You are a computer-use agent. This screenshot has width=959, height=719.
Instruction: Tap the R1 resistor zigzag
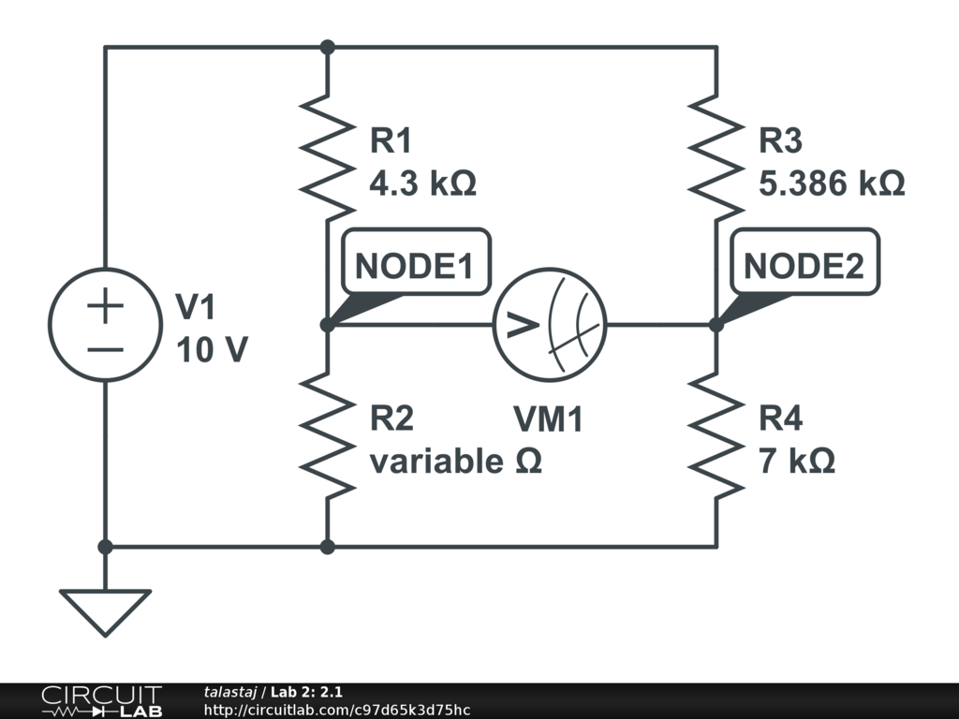327,154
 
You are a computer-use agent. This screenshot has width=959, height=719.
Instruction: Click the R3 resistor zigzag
716,154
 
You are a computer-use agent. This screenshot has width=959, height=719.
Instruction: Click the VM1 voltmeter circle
550,325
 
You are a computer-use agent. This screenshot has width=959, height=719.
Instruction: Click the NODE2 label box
803,267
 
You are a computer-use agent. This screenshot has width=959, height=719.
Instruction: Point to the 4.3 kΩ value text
423,183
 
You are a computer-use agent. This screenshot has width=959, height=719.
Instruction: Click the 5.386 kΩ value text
832,183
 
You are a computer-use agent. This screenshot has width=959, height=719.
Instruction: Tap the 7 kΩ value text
797,462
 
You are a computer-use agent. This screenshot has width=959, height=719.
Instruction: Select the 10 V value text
212,349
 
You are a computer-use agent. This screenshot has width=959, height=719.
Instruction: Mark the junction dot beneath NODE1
327,325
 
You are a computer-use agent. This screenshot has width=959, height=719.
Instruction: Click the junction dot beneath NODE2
716,325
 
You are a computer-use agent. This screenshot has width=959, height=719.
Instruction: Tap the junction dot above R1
327,47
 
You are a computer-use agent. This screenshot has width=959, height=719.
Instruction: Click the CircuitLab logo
101,701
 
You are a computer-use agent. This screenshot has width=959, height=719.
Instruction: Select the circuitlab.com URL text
337,711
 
